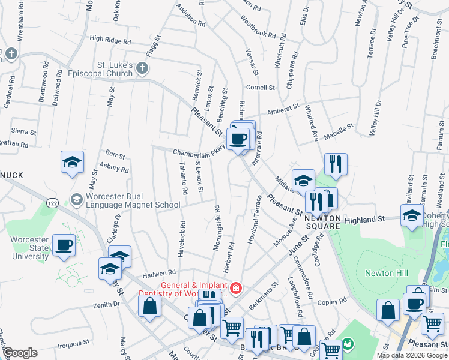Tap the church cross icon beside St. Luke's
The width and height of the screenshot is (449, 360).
pos(142,68)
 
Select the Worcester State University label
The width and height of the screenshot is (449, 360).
pos(29,248)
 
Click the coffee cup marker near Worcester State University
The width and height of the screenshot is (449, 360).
pos(64,245)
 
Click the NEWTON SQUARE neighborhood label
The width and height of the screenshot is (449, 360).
pos(324,222)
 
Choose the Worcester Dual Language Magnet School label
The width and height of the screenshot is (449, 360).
pos(132,200)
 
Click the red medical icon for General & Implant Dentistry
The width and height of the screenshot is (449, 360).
pos(236,289)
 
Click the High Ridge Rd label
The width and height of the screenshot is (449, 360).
pos(110,41)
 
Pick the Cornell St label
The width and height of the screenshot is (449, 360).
pos(260,88)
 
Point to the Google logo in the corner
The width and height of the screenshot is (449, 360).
pos(20,353)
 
